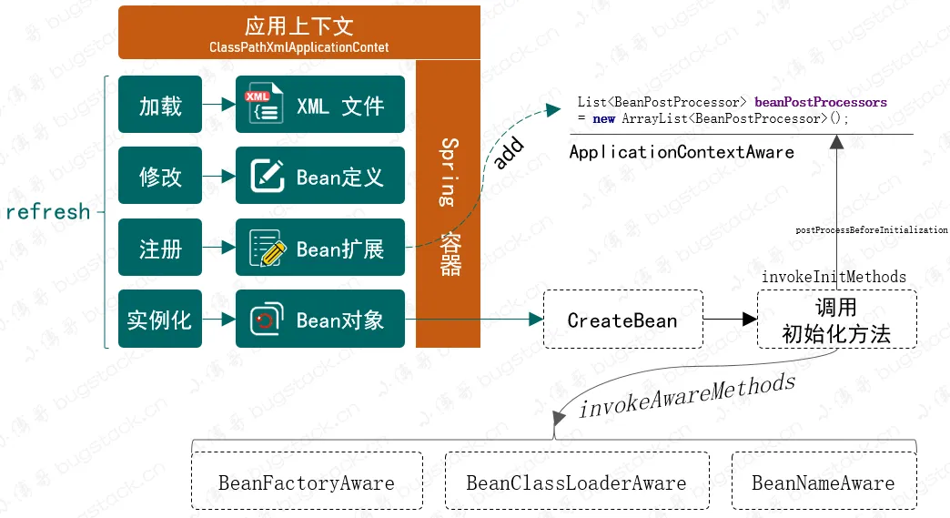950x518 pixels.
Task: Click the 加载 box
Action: point(160,104)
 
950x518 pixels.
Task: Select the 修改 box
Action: point(160,176)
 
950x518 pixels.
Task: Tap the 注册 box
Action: point(160,248)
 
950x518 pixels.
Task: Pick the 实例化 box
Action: point(160,319)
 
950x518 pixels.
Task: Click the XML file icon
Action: point(264,104)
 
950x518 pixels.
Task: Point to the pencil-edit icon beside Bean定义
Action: point(268,176)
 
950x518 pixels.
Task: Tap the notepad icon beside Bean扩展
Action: point(268,248)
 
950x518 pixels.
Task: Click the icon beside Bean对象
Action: point(267,320)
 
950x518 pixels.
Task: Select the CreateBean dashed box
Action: point(622,320)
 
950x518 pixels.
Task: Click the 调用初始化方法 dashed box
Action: point(836,320)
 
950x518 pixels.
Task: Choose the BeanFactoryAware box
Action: point(308,481)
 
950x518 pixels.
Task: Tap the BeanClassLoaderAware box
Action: point(577,481)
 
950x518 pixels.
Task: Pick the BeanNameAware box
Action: point(824,481)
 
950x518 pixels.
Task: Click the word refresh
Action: point(48,212)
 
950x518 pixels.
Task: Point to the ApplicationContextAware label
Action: point(682,152)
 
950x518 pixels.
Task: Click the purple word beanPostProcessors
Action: point(821,102)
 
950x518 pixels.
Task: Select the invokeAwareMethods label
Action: point(687,396)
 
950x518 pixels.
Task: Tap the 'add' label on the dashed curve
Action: point(508,153)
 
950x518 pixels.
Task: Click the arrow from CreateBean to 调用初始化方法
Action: point(730,319)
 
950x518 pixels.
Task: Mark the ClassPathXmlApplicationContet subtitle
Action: point(299,47)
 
